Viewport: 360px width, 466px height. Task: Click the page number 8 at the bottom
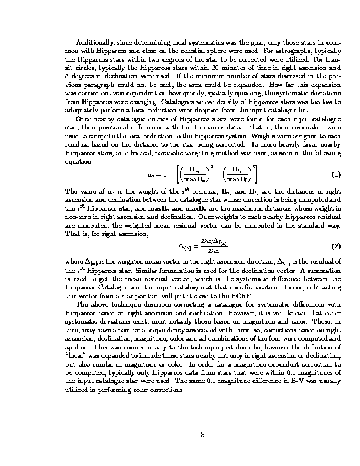tap(202, 435)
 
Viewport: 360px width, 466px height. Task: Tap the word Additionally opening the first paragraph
tap(98, 43)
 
